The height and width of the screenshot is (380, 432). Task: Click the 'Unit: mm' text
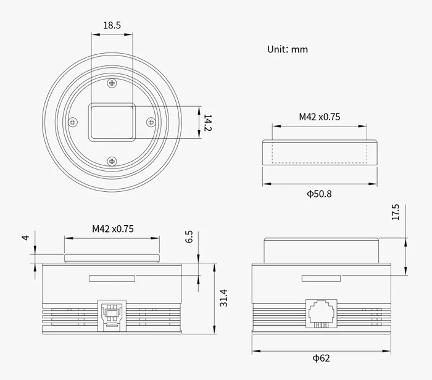click(287, 49)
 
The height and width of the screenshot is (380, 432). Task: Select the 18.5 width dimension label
click(112, 26)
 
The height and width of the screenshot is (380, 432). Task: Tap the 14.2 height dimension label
click(208, 122)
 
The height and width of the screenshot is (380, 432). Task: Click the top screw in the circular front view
click(112, 83)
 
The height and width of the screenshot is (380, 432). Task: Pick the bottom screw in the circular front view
click(112, 162)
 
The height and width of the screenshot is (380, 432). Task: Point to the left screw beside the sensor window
click(73, 122)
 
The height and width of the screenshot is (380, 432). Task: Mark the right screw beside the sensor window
click(151, 122)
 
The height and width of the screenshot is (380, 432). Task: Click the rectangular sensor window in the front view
click(112, 122)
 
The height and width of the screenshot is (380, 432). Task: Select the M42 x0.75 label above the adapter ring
click(320, 117)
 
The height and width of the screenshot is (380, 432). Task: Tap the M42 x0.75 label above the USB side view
click(113, 228)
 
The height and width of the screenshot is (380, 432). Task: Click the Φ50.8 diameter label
click(319, 194)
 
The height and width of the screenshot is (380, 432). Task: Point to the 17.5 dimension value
click(396, 212)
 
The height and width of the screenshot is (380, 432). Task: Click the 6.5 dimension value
click(189, 237)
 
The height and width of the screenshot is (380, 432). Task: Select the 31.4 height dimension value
click(223, 298)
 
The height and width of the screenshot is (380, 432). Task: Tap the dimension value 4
click(25, 237)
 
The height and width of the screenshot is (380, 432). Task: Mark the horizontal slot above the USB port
click(112, 278)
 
